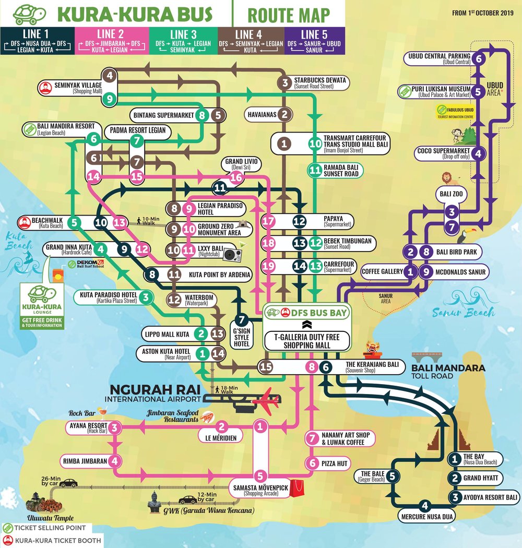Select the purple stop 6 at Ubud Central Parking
(479, 59)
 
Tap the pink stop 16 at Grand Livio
(236, 177)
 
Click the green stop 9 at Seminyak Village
(110, 98)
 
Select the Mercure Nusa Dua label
(425, 517)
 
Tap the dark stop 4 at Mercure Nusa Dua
(425, 505)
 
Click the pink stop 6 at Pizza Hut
(312, 463)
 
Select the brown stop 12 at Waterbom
(173, 300)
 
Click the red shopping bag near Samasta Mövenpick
(297, 488)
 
